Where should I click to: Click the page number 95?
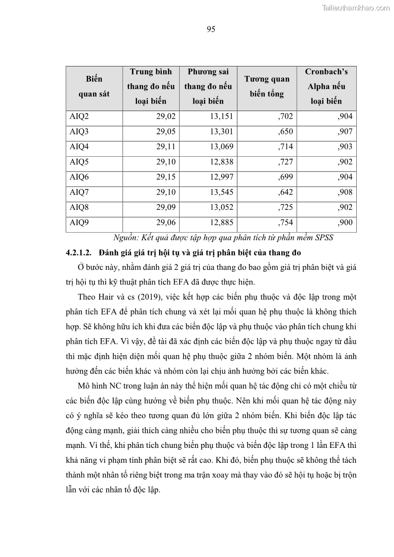point(210,29)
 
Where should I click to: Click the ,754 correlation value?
point(284,222)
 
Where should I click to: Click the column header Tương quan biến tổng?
point(266,86)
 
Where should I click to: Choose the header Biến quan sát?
point(94,86)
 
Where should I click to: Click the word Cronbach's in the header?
point(326,71)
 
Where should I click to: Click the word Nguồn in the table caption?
point(124,237)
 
